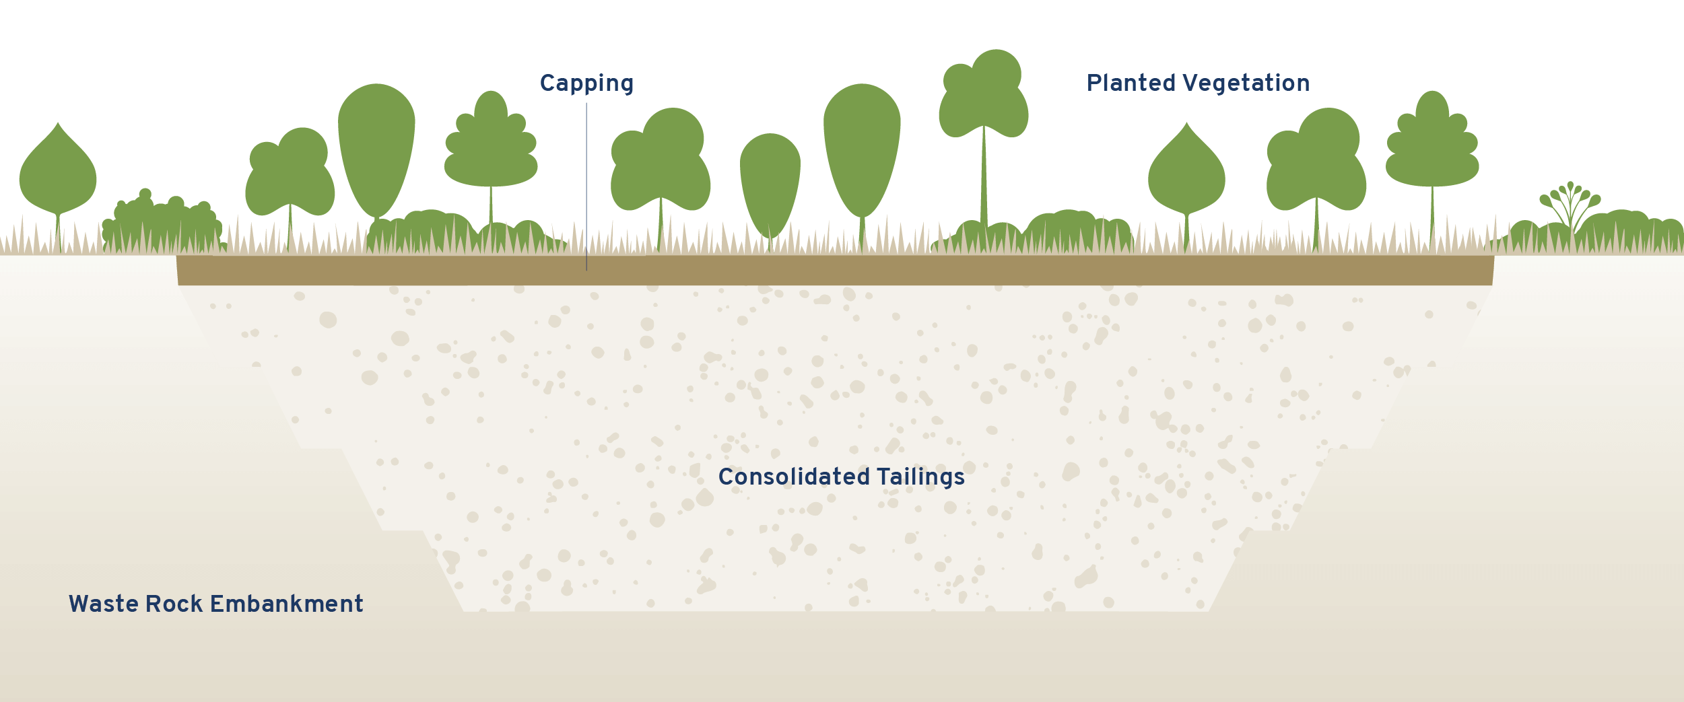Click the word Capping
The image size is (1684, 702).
click(586, 84)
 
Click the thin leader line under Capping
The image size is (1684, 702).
click(586, 186)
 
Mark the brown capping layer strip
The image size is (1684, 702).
click(835, 270)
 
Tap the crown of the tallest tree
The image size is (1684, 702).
click(984, 94)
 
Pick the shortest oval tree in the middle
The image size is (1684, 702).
click(770, 184)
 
